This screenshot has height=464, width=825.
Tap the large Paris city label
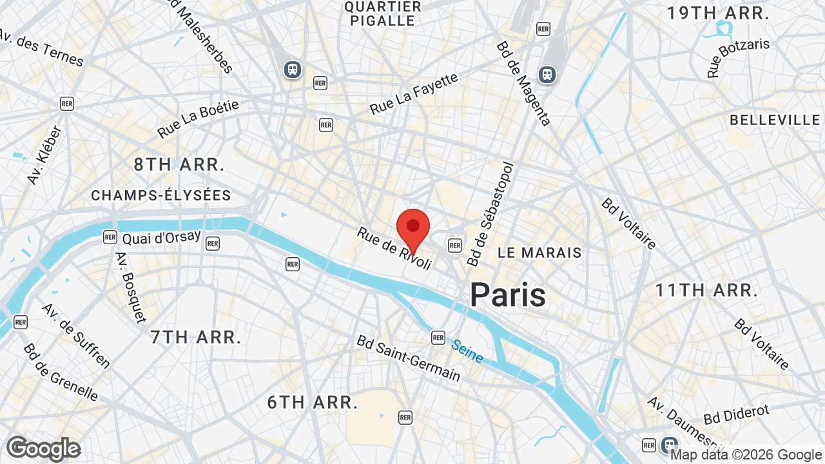(x=507, y=295)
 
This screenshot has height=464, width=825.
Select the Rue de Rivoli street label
(x=393, y=248)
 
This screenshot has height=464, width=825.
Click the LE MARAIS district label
(x=539, y=253)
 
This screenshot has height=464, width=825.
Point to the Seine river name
(x=467, y=351)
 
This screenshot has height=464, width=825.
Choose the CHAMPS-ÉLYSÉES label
(x=161, y=195)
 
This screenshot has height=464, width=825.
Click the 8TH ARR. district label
(x=179, y=164)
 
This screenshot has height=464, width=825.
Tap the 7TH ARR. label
(x=196, y=336)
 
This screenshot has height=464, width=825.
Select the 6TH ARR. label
(x=313, y=403)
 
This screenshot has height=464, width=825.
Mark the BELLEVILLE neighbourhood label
(x=775, y=121)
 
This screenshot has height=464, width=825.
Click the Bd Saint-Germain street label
(x=409, y=358)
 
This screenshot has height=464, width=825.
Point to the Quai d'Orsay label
(x=161, y=238)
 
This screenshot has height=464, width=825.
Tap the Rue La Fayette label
(x=414, y=94)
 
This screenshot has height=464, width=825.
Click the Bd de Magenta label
(x=523, y=83)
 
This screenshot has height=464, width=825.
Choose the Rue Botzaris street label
(x=738, y=58)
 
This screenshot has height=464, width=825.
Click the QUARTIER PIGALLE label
(x=382, y=14)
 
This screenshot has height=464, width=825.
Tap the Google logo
(x=43, y=449)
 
